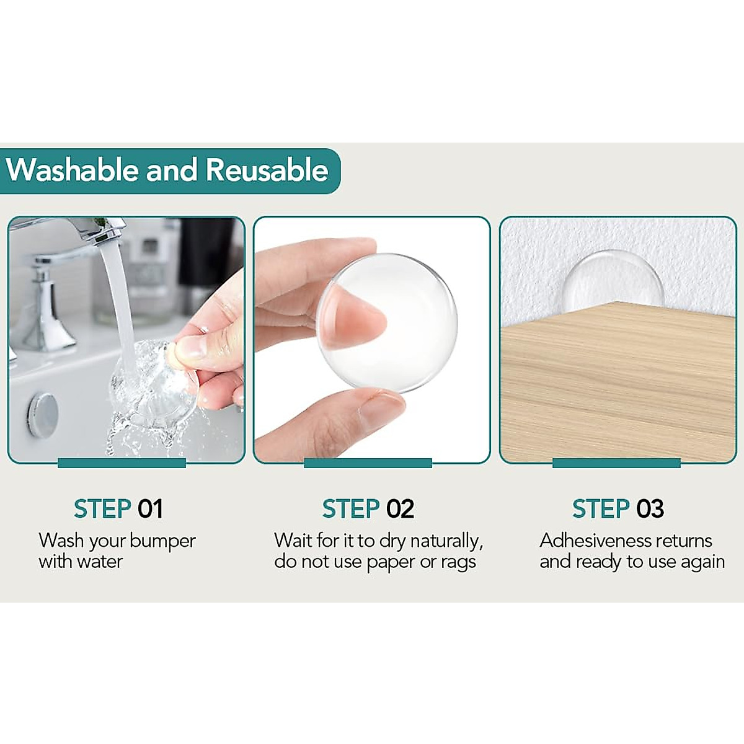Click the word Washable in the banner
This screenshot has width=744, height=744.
click(x=73, y=170)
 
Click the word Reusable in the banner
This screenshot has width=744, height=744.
click(x=267, y=170)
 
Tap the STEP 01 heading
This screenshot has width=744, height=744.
click(x=118, y=509)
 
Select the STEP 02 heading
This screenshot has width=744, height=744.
click(x=368, y=509)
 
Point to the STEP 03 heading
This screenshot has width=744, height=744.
click(x=618, y=509)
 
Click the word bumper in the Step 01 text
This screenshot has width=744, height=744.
click(x=162, y=541)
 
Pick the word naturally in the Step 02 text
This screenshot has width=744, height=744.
click(x=445, y=541)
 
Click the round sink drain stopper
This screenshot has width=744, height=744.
click(x=43, y=414)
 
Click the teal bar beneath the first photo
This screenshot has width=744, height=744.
click(x=122, y=463)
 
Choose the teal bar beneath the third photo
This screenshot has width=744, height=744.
click(x=616, y=463)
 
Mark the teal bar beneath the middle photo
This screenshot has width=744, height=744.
click(x=368, y=463)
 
